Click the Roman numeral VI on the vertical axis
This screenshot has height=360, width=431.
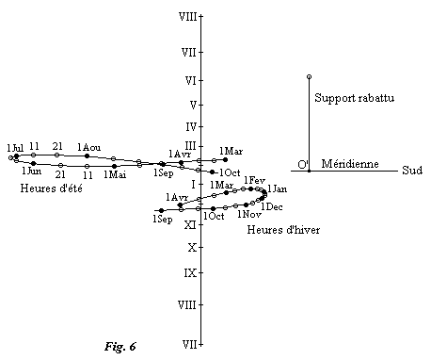click(x=190, y=80)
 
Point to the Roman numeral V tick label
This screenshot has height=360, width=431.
click(x=192, y=104)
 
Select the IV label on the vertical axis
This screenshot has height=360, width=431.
click(x=190, y=126)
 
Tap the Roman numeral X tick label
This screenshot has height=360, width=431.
click(x=192, y=248)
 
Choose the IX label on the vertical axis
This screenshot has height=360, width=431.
click(x=190, y=272)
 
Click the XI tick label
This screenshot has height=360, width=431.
click(x=190, y=224)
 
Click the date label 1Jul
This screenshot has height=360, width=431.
click(x=14, y=146)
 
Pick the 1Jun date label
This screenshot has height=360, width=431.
click(x=31, y=172)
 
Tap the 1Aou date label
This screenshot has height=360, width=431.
click(x=89, y=147)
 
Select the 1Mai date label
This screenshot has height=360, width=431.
click(x=115, y=174)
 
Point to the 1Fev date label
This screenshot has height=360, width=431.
click(x=254, y=180)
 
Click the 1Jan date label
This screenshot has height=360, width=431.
click(x=278, y=190)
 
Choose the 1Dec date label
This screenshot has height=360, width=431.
click(x=272, y=206)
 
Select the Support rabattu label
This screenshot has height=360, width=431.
click(x=354, y=97)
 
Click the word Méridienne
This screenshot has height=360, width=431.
click(x=350, y=164)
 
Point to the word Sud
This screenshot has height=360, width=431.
click(x=411, y=171)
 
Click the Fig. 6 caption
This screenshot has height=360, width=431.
click(x=120, y=346)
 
